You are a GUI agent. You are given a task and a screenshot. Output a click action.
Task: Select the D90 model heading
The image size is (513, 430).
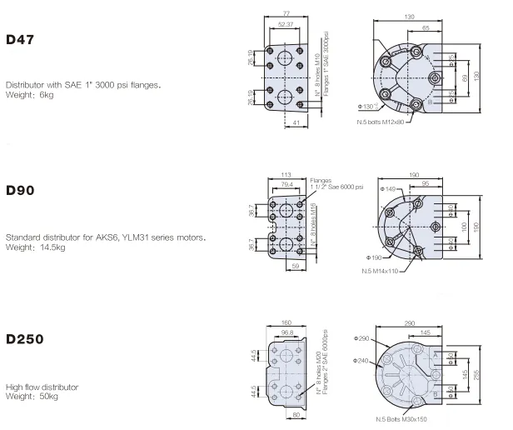point(20,190)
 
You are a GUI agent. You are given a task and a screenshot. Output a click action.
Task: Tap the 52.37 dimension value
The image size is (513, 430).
point(286,24)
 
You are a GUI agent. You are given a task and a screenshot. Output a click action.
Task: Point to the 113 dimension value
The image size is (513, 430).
point(286,175)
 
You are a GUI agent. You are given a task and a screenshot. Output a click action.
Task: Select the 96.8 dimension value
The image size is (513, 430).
point(287,332)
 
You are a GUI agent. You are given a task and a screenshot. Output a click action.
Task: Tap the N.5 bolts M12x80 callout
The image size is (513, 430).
point(381,122)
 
